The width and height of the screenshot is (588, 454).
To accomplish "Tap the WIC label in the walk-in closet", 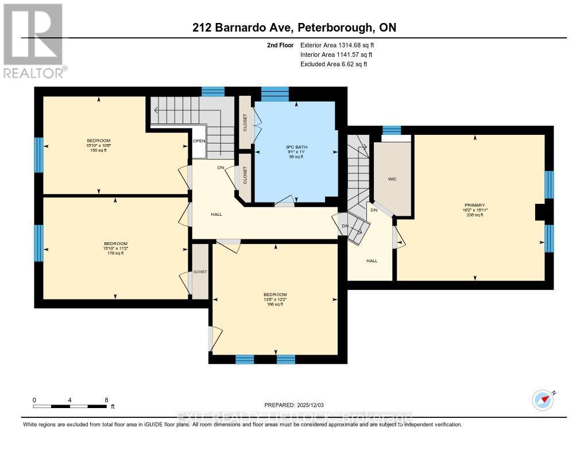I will (392, 179).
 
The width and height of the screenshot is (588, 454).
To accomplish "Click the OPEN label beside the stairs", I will (199, 141).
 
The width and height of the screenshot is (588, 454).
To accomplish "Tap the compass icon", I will (542, 399).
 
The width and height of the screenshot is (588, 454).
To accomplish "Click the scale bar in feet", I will (69, 406).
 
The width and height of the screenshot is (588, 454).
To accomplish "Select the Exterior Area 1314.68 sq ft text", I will (339, 45).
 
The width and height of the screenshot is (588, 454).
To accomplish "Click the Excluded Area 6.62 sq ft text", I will (334, 64).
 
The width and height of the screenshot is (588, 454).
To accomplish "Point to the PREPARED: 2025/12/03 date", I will (297, 405).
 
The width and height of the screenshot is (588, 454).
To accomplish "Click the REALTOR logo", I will (33, 40).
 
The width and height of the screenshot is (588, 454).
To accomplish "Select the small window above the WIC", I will (392, 130).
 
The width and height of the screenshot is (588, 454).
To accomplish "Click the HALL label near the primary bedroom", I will (372, 261).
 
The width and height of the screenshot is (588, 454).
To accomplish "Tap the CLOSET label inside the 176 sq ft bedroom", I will (200, 271).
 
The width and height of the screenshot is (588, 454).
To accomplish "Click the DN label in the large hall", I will (220, 168).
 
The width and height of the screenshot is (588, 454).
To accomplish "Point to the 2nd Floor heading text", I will (280, 45).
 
